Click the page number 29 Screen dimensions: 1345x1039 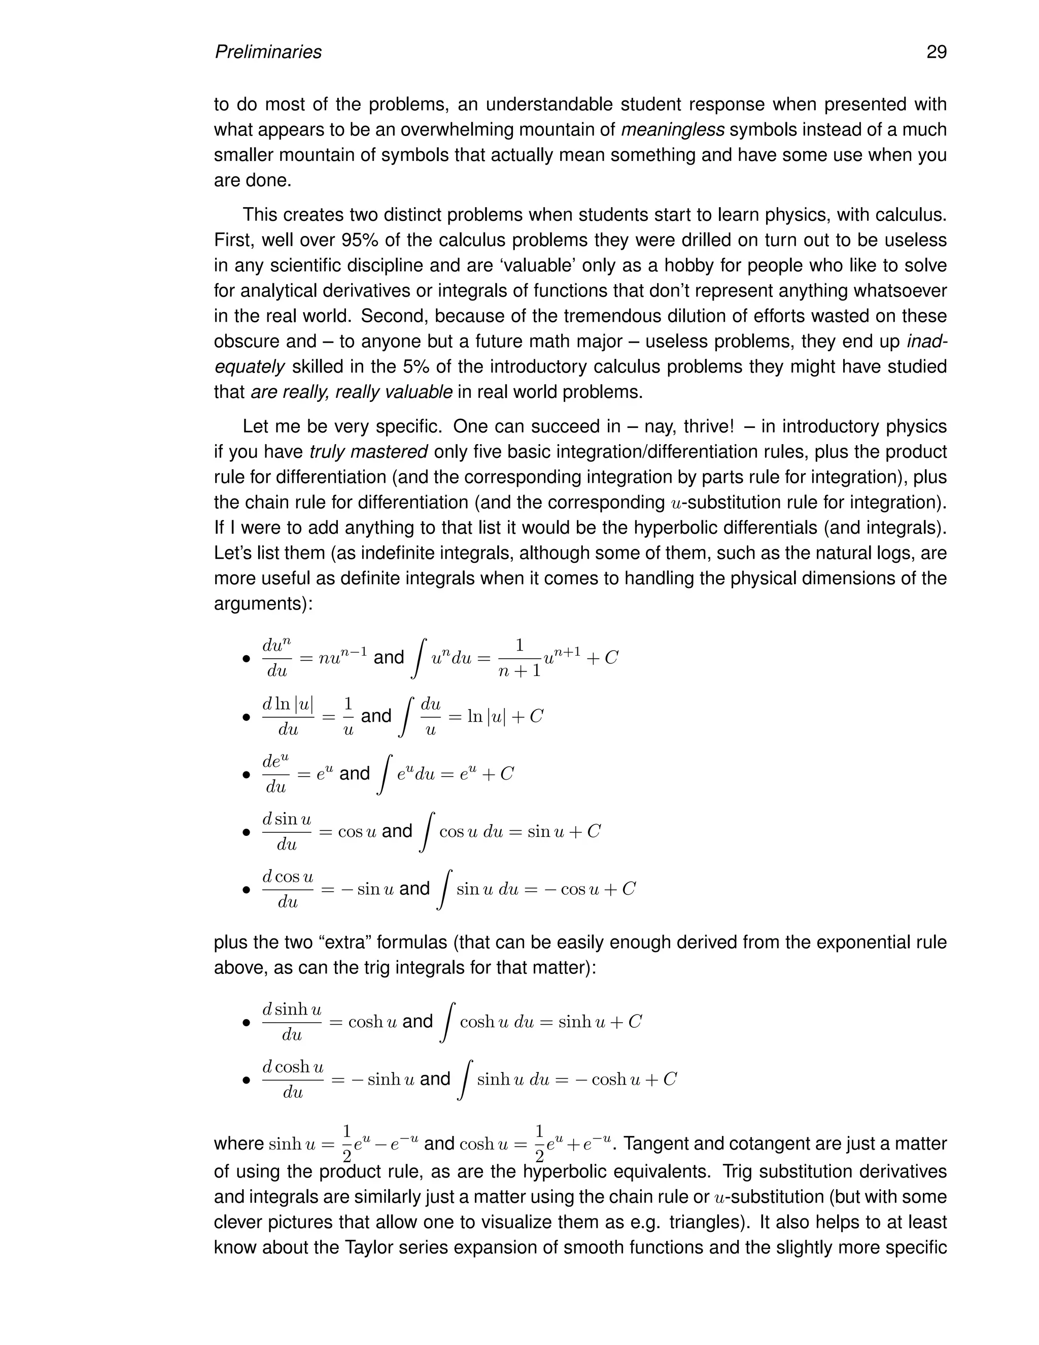(x=936, y=52)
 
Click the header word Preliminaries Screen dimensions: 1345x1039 (x=268, y=52)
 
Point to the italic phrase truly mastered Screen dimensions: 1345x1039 (x=368, y=452)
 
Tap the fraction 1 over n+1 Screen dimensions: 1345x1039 (x=519, y=658)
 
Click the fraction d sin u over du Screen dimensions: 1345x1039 (x=287, y=832)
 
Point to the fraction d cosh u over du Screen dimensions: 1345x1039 (x=292, y=1080)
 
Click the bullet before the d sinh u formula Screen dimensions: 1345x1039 (x=246, y=1023)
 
